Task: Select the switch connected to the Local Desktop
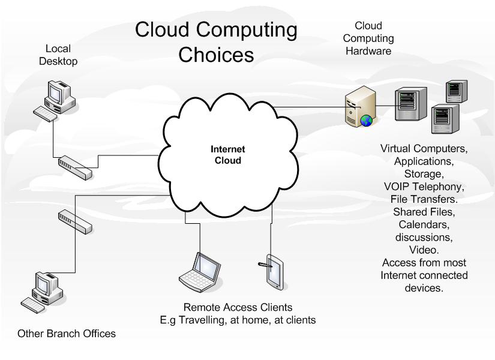[76, 166]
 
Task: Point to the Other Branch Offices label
[65, 334]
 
